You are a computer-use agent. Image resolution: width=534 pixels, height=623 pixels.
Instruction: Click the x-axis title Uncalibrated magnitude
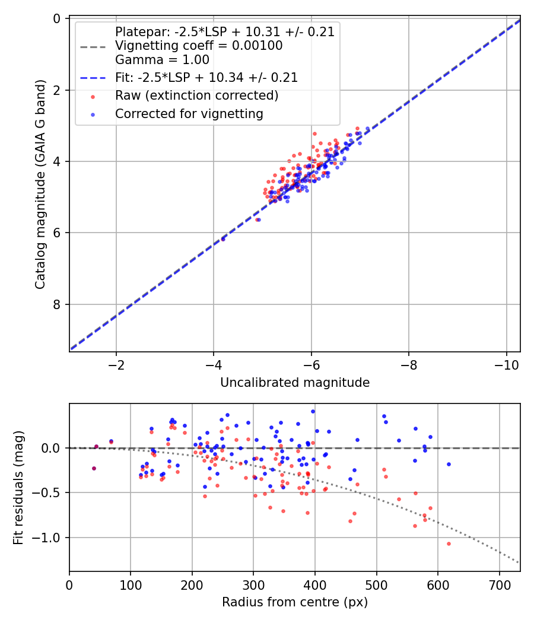295,383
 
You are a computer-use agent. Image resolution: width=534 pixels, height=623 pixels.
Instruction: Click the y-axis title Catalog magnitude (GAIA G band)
40,184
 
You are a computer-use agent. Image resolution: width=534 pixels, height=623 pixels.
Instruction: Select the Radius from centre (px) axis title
295,602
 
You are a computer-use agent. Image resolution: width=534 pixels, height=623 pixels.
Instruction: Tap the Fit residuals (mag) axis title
18,487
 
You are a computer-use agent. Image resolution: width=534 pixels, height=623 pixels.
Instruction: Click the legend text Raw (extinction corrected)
196,96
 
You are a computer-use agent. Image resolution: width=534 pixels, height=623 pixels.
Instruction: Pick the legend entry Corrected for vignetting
189,113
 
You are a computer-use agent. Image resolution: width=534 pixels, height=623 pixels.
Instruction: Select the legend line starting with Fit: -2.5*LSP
206,78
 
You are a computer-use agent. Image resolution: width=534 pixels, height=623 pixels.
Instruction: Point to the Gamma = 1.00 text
162,59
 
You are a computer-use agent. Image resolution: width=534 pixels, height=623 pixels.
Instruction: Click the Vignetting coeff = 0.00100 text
198,46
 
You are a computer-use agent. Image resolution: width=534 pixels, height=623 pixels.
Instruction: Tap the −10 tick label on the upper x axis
506,364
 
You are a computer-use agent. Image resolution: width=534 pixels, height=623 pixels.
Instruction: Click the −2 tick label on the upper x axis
116,364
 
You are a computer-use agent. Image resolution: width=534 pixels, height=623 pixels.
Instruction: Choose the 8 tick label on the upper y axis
58,304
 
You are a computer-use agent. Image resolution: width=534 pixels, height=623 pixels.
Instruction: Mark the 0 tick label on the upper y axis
58,18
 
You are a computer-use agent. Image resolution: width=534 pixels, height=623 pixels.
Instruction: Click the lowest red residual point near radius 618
449,543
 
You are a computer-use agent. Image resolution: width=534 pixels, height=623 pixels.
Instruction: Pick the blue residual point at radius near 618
449,464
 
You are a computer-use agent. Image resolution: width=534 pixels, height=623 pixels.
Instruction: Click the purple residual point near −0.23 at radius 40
94,468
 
